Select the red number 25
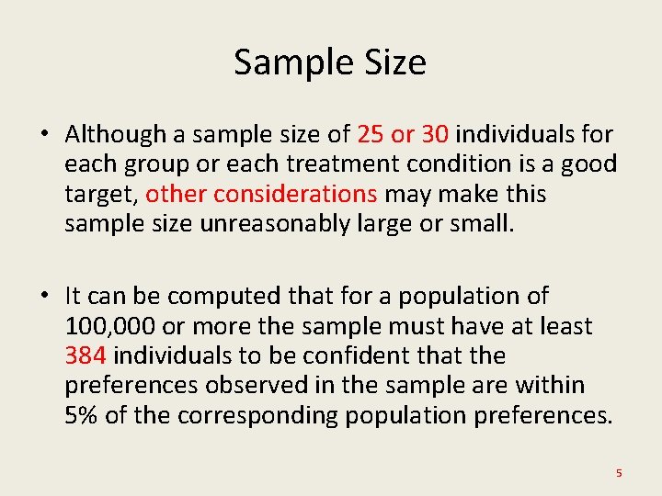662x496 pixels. [371, 134]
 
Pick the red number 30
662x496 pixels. [435, 134]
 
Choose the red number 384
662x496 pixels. [85, 355]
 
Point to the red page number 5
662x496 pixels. [619, 473]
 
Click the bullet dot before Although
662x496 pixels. [44, 135]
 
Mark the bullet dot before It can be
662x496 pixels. [44, 297]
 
